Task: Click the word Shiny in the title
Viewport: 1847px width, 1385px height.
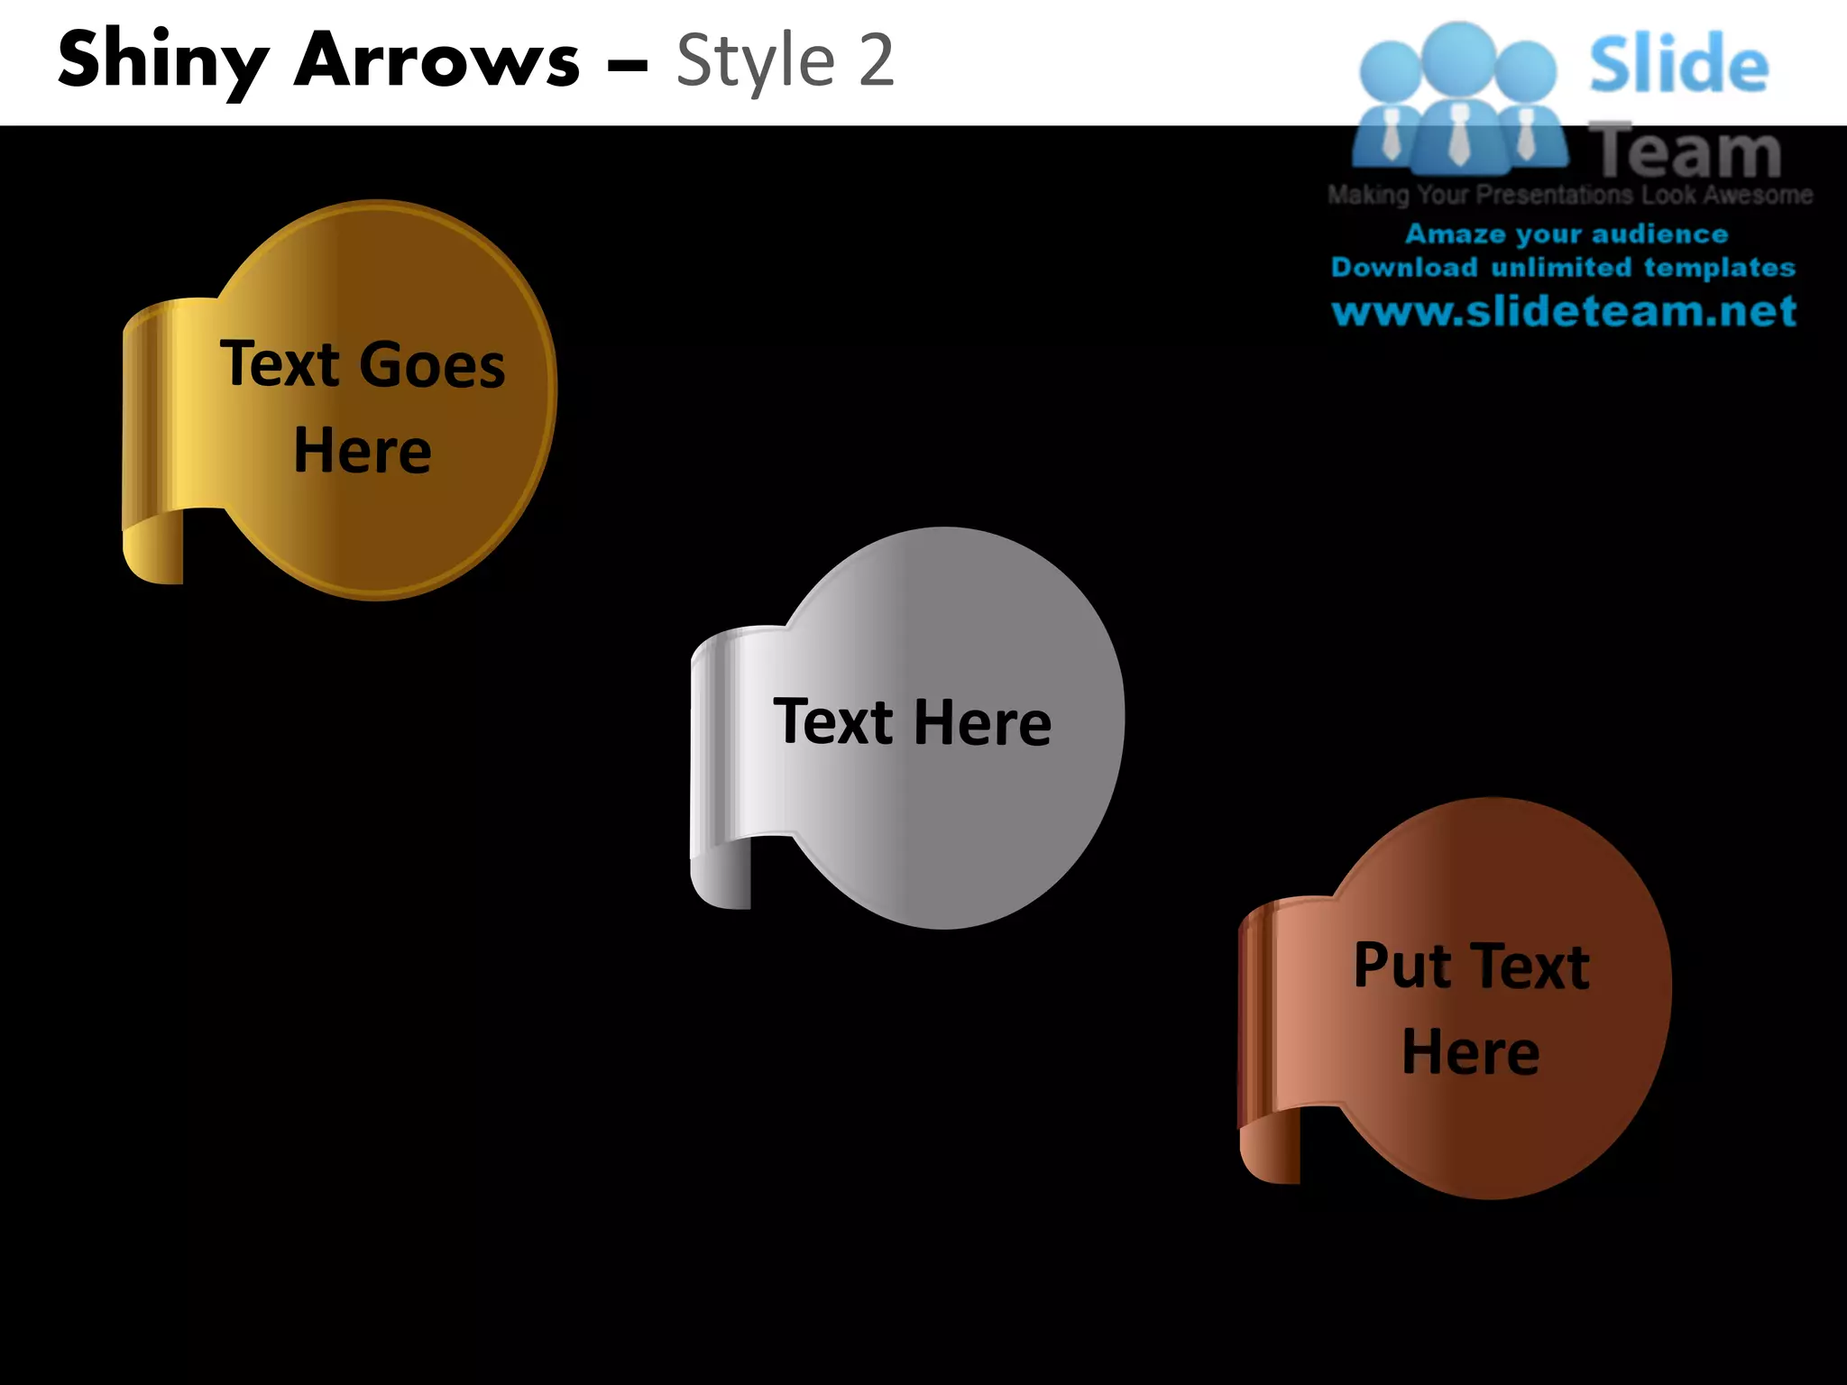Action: pos(162,61)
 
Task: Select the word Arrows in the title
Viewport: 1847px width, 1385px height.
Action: pos(437,61)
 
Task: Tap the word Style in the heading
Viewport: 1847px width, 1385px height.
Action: pos(756,61)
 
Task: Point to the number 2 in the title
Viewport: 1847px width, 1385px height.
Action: pos(875,61)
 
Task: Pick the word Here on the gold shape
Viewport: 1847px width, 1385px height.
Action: pos(363,451)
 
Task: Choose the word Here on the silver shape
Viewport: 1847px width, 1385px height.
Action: pos(982,722)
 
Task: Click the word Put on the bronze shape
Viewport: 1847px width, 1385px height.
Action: pos(1403,966)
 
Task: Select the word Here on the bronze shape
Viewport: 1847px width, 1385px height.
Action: pos(1471,1052)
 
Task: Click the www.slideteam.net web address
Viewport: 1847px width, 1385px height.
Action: pos(1564,312)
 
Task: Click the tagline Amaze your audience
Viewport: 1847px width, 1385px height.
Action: pos(1567,234)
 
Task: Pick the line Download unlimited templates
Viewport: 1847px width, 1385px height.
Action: pos(1563,268)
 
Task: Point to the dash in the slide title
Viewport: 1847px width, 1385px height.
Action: pos(627,65)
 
